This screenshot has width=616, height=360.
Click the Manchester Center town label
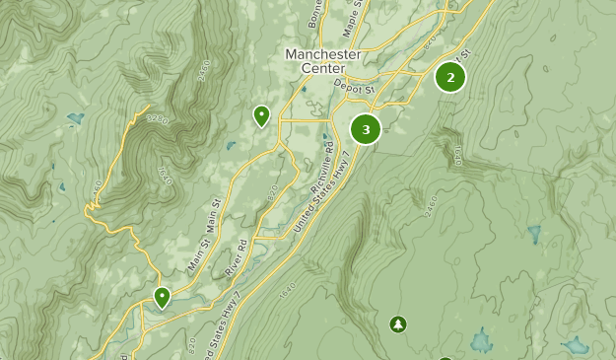tap(322, 61)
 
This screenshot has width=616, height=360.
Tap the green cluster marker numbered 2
tap(450, 77)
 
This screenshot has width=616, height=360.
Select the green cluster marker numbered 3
tap(366, 128)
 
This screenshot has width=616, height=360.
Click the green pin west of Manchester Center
tap(261, 116)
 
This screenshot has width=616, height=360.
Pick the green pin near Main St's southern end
tap(162, 297)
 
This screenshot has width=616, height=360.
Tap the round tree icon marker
tap(397, 324)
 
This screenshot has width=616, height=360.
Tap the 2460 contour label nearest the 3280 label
tap(204, 71)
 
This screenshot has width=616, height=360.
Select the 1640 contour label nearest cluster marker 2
tap(456, 156)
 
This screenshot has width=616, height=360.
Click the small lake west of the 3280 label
tap(75, 119)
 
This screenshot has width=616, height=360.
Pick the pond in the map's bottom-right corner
tap(576, 345)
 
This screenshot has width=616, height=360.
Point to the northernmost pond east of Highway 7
tap(534, 235)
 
